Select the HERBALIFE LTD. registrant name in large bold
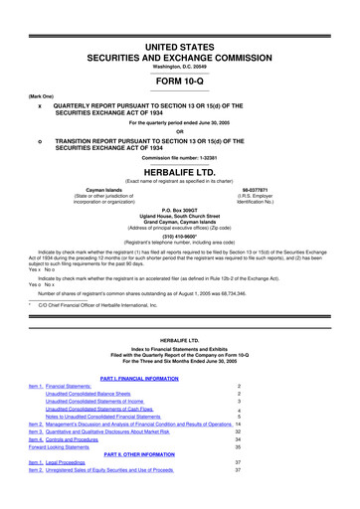[180, 170]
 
